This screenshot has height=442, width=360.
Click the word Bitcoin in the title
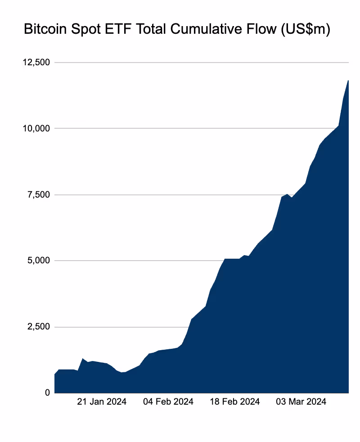44,30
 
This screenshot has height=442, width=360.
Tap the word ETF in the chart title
114,30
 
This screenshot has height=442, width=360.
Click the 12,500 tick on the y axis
36,62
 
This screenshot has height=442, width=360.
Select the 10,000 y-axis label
36,128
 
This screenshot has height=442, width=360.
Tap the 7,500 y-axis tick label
38,194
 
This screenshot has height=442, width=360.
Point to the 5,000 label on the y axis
38,261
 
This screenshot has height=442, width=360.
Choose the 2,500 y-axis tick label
38,327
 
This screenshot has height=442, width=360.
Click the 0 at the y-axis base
46,393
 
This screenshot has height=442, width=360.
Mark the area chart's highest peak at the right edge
348,81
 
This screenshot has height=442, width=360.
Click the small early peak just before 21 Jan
83,359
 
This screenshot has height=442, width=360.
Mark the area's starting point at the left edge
55,374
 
